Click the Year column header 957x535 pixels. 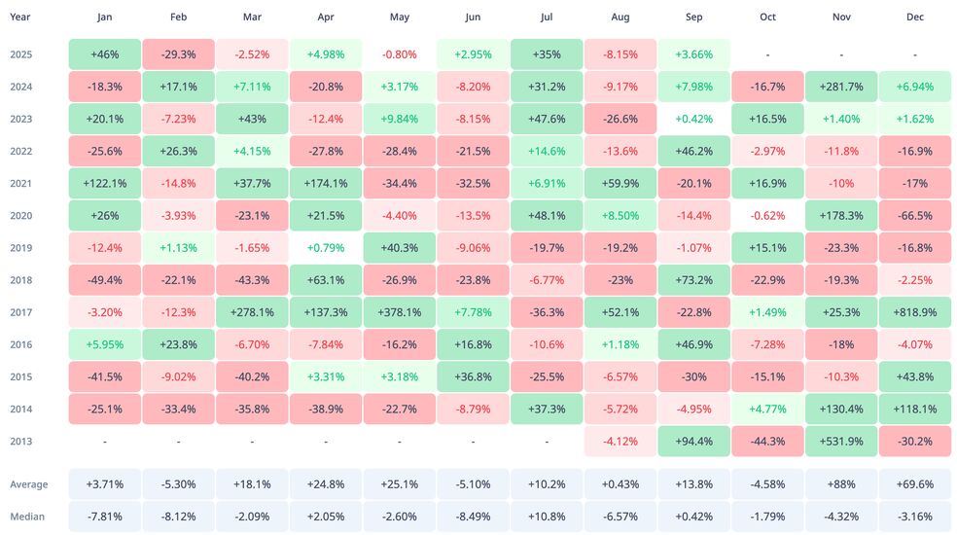point(20,17)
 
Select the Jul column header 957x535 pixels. point(547,17)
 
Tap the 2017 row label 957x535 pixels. point(20,312)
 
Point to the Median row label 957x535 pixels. point(28,516)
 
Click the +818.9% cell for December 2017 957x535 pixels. point(914,312)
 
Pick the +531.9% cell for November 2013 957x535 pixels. point(841,441)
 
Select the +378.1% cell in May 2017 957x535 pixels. point(399,312)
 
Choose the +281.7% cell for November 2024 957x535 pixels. point(841,87)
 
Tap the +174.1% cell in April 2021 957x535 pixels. point(326,183)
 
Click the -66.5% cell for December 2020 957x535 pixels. point(914,215)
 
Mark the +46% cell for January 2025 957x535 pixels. point(105,54)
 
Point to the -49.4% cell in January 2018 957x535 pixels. point(105,280)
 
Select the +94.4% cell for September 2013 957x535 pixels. point(694,441)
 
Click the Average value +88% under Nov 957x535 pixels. point(841,483)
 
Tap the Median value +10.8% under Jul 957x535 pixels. point(547,516)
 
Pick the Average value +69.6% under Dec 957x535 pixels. point(914,483)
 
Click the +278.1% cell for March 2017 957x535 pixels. point(252,312)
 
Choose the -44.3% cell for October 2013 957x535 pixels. point(767,441)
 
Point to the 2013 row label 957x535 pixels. point(20,441)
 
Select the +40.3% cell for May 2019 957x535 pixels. point(399,247)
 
